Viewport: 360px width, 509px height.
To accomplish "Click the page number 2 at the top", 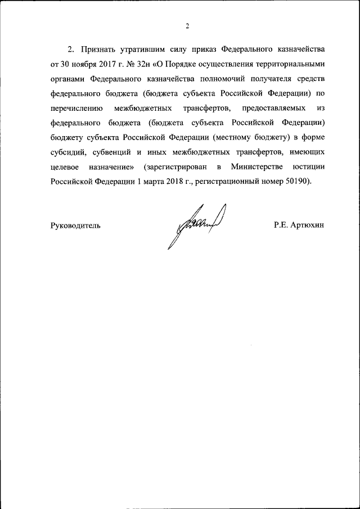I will click(x=188, y=26).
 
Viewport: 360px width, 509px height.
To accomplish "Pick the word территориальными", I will click(x=287, y=64).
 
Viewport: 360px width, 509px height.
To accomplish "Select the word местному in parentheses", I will click(x=235, y=138).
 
